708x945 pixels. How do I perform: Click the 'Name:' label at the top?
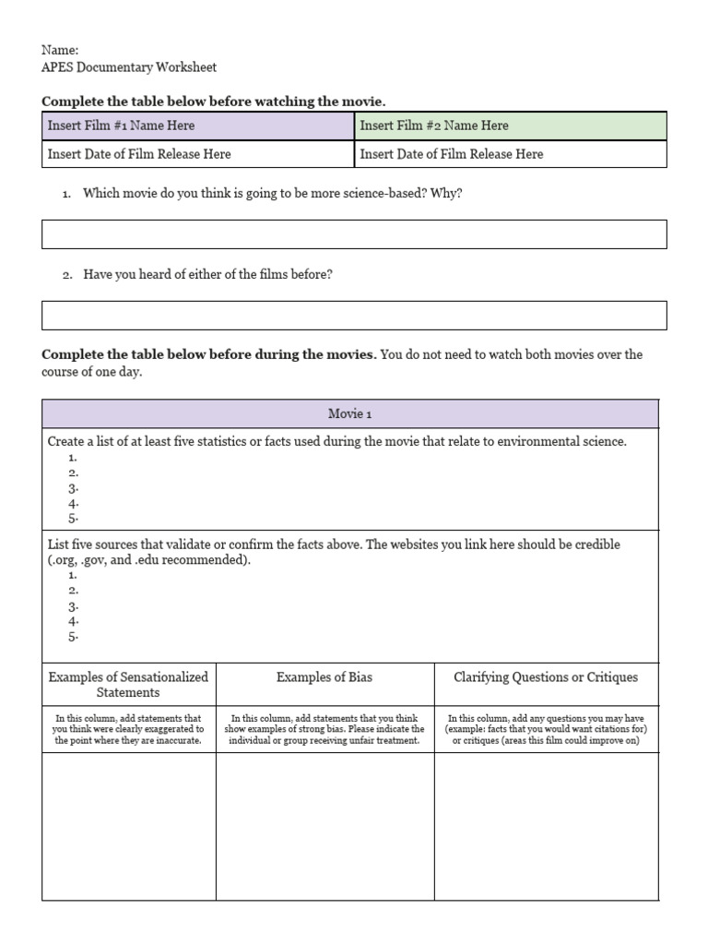60,50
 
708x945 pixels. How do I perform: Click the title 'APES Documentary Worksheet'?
129,67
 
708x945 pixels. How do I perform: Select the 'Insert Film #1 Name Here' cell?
198,126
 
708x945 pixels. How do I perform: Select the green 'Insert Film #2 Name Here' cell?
510,126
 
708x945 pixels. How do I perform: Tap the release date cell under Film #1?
198,154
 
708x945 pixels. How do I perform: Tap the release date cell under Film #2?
510,154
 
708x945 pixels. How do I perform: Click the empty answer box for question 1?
354,234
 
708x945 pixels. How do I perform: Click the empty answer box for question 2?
354,315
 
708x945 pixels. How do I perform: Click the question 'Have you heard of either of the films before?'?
208,274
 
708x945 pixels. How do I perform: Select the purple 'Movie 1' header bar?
350,413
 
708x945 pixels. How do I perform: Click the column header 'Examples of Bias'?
324,677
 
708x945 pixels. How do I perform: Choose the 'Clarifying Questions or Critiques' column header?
546,677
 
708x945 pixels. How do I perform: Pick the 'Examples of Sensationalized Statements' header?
128,684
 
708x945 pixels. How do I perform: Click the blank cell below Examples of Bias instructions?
324,826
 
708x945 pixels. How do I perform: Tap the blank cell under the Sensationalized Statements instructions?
128,826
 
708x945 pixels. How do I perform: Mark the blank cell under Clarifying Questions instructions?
546,826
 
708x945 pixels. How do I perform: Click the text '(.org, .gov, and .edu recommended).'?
149,560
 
